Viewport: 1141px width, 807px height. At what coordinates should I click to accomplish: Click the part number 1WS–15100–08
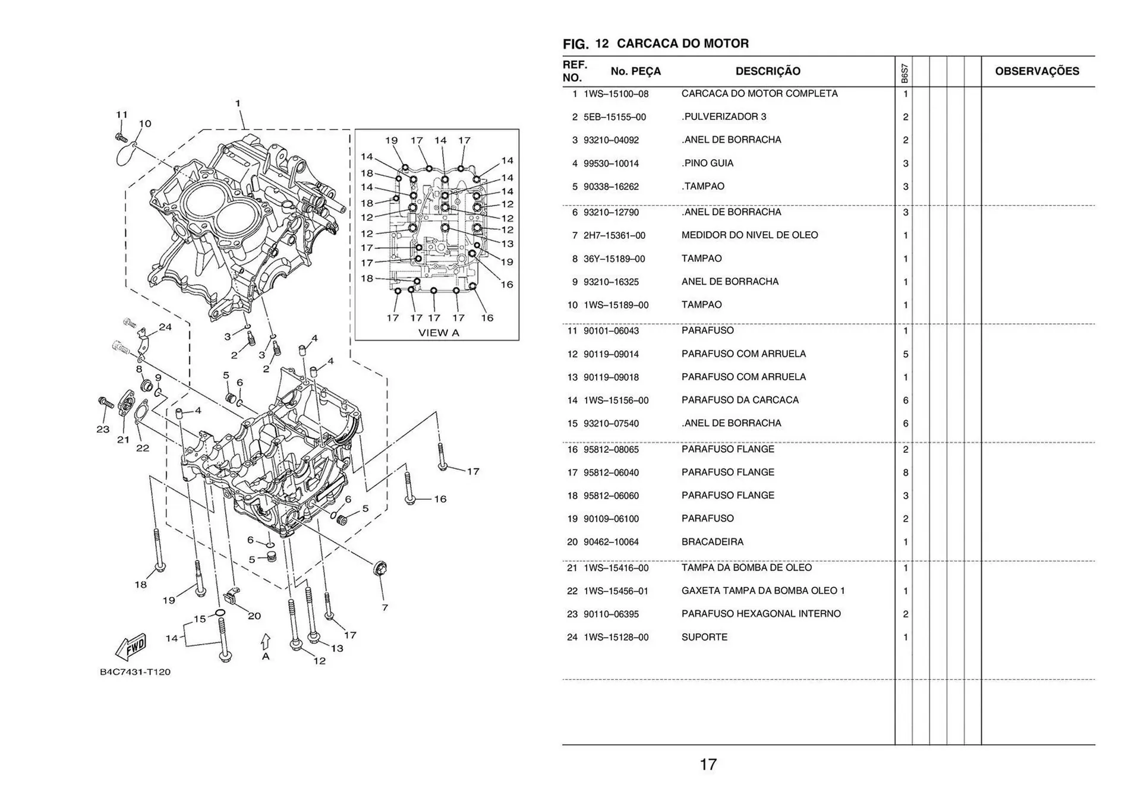tap(616, 94)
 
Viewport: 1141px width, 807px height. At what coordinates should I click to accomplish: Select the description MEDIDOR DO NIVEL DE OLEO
tap(749, 235)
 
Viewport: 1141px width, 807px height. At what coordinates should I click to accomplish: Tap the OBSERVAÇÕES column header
tap(1036, 71)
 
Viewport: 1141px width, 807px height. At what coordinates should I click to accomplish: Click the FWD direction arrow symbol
tap(131, 647)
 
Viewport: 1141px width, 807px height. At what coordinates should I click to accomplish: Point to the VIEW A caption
tap(439, 333)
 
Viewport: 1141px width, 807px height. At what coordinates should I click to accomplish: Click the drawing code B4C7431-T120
tap(135, 672)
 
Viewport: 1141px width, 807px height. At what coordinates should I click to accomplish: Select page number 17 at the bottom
tap(708, 764)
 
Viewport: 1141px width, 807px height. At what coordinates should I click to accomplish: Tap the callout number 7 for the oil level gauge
tap(384, 607)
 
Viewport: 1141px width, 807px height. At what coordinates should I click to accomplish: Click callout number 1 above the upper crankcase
tap(238, 103)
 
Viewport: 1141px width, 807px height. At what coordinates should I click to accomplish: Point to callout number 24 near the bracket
tap(165, 327)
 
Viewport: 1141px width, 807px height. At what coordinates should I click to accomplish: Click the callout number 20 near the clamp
tap(254, 616)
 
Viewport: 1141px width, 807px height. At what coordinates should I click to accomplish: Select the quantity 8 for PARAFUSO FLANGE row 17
tap(905, 473)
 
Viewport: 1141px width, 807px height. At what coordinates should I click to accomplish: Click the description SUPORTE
tap(704, 637)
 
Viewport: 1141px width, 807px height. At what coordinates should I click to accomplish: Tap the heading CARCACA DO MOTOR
tap(682, 43)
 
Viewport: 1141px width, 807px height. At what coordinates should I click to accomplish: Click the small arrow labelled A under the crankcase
tap(266, 642)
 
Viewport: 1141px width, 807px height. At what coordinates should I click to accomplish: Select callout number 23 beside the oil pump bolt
tap(103, 429)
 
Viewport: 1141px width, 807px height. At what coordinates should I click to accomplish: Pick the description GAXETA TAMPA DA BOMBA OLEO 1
tap(762, 591)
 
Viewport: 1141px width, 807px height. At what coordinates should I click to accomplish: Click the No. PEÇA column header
tap(635, 71)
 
